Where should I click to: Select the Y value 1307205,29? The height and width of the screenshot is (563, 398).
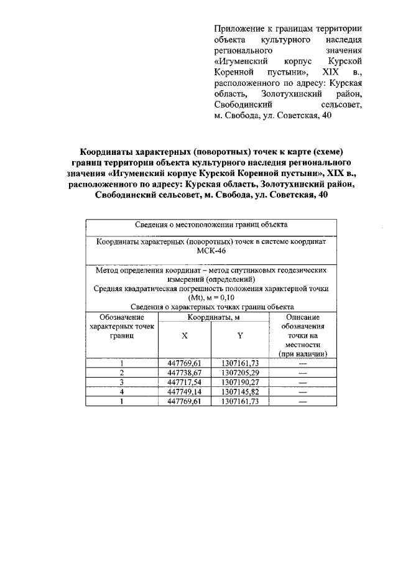239,372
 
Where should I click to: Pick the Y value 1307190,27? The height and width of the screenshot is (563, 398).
239,382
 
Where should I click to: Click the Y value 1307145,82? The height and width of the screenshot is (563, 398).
239,392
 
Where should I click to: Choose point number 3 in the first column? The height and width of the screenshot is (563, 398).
122,382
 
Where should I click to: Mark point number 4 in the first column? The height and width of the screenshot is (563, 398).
122,392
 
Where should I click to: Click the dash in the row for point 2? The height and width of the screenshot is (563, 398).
303,372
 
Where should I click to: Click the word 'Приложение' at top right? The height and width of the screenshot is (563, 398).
236,29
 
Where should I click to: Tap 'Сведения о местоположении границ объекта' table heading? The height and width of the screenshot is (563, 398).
210,225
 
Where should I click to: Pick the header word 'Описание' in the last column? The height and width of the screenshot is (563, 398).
303,317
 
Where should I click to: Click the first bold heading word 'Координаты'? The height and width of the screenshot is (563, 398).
108,152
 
